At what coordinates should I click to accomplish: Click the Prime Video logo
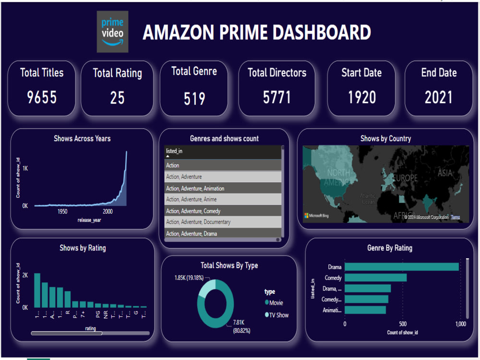point(112,32)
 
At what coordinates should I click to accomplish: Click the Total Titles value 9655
point(42,97)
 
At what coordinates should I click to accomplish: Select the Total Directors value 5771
point(277,97)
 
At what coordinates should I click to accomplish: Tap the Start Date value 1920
point(362,97)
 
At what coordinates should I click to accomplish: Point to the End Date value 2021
point(439,97)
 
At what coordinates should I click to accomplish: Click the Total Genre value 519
point(194,99)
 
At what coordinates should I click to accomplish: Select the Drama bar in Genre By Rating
point(402,267)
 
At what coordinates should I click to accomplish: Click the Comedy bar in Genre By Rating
point(376,277)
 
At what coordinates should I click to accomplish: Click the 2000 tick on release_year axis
point(108,211)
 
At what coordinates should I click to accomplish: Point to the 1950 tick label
point(62,211)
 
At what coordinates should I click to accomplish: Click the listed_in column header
point(174,152)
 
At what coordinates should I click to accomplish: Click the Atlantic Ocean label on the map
point(369,199)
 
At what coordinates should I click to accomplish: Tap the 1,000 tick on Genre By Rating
point(460,324)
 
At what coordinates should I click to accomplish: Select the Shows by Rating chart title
point(83,248)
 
